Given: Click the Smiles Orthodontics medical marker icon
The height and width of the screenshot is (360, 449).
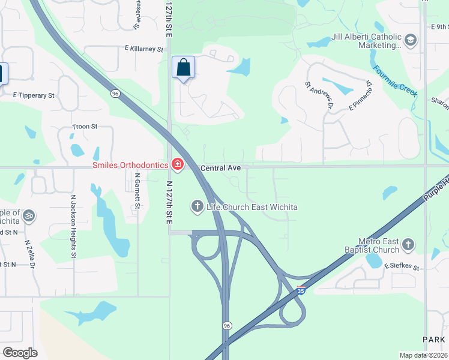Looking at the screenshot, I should [177, 164].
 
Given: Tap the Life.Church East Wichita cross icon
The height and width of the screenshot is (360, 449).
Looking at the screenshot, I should [197, 207].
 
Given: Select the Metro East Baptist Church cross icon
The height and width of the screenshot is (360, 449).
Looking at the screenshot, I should [408, 244].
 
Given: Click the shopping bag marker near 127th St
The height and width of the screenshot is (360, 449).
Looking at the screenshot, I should [183, 68].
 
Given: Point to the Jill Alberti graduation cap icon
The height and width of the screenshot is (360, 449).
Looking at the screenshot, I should [411, 40].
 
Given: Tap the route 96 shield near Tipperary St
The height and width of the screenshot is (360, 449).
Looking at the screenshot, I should [114, 93].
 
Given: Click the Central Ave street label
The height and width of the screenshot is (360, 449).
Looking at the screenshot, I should [220, 169].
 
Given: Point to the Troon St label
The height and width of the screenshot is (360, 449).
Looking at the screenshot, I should [85, 127].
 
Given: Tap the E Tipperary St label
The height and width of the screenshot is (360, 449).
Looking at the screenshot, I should [34, 95].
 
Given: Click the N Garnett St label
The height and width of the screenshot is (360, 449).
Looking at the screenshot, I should [137, 191].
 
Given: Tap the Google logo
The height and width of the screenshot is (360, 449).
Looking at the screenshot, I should [20, 353].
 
